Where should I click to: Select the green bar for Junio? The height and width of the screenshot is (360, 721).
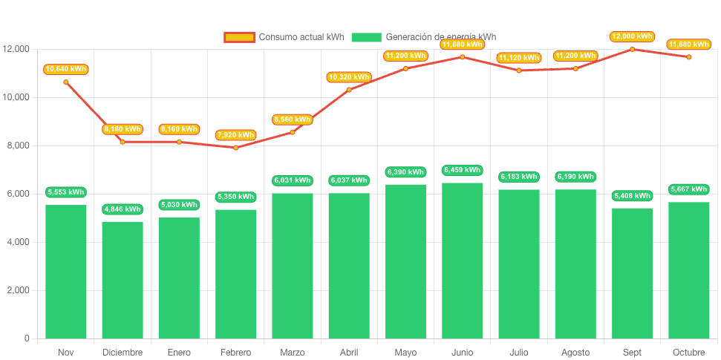click(462, 260)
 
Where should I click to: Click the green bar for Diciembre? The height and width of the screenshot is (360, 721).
click(123, 280)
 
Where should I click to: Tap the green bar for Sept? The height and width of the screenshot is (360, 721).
click(632, 272)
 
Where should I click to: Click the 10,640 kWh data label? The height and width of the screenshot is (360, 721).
click(65, 69)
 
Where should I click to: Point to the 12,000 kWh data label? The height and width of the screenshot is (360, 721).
click(632, 36)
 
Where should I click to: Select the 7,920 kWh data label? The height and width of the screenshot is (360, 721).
click(236, 135)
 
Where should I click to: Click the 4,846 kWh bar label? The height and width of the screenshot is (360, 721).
click(123, 209)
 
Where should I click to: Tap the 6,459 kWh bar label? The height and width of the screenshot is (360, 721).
click(462, 170)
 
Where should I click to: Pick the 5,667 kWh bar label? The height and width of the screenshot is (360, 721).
click(688, 189)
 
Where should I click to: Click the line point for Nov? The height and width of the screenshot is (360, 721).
click(65, 82)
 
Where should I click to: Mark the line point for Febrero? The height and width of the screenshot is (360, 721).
click(236, 148)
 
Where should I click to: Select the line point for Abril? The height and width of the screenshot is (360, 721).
click(349, 90)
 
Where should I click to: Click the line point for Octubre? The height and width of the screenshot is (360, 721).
click(688, 57)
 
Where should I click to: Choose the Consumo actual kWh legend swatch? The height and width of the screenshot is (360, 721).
click(239, 37)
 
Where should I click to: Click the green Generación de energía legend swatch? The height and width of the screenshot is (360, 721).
click(366, 37)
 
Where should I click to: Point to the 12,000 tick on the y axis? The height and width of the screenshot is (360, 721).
click(16, 49)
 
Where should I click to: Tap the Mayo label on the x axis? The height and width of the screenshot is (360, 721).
click(405, 352)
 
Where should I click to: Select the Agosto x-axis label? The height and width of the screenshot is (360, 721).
click(575, 352)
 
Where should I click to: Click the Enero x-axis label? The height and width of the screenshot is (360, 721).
click(179, 352)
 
